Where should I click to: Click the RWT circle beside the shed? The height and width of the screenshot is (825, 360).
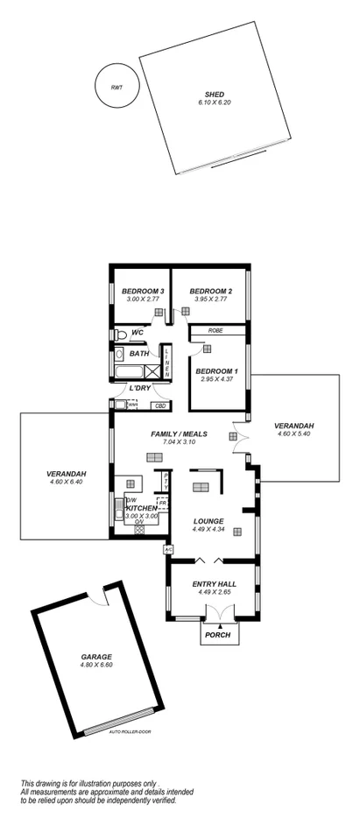click(116, 86)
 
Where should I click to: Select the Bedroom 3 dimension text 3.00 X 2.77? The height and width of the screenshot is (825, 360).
click(143, 300)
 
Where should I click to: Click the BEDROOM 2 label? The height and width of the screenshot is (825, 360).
click(210, 291)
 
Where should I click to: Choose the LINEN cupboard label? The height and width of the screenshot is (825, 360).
click(166, 361)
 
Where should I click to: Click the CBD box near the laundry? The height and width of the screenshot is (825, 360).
click(160, 405)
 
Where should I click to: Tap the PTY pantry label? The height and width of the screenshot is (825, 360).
click(166, 481)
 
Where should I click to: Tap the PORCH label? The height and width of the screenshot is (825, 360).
click(216, 635)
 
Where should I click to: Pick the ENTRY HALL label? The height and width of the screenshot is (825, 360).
click(210, 583)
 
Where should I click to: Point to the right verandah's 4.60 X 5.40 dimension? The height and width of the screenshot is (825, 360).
click(294, 435)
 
